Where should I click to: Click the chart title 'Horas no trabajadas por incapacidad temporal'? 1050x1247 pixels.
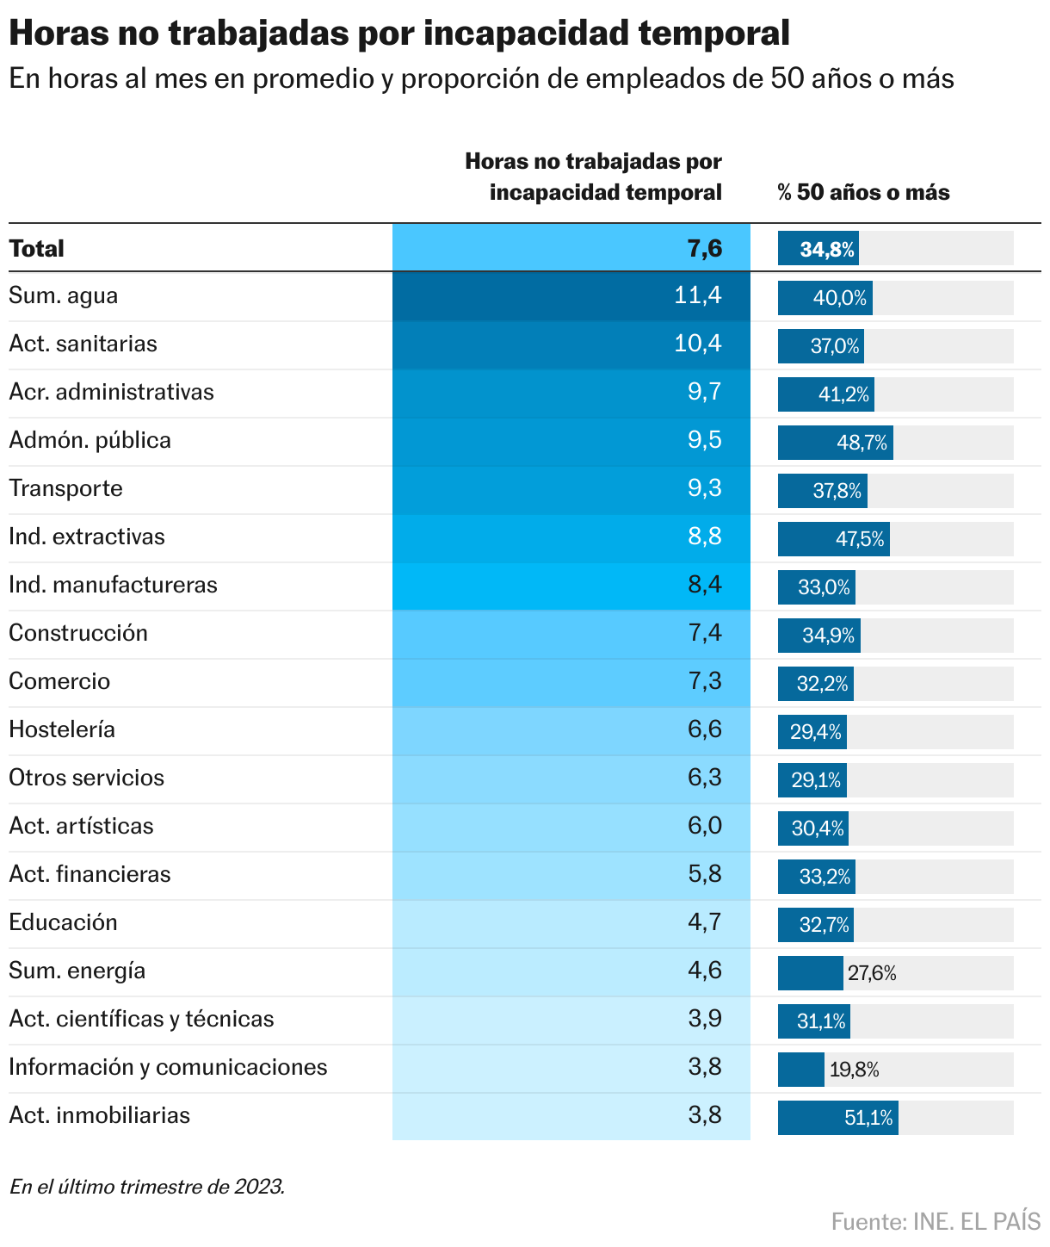399,34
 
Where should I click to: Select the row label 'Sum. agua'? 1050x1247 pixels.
64,296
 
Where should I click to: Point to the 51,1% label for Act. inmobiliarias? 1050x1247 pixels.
869,1119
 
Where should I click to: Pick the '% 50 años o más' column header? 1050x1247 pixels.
863,192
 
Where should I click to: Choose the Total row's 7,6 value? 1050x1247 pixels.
705,249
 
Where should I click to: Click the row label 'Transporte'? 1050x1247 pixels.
66,489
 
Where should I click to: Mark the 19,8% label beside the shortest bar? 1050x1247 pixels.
854,1070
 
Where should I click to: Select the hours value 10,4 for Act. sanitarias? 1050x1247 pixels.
697,344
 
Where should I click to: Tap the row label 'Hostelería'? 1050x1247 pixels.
62,730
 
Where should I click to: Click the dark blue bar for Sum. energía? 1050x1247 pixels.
810,973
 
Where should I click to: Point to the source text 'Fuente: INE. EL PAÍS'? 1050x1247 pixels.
936,1221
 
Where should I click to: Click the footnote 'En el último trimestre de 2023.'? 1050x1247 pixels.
146,1187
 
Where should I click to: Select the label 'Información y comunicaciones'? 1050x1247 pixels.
168,1068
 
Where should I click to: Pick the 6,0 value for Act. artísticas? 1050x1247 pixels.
705,827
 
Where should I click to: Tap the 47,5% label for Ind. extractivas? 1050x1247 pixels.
860,540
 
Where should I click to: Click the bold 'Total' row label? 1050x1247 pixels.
37,249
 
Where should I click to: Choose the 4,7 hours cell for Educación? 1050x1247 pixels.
705,923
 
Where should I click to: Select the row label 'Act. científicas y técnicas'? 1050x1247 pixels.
141,1020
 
